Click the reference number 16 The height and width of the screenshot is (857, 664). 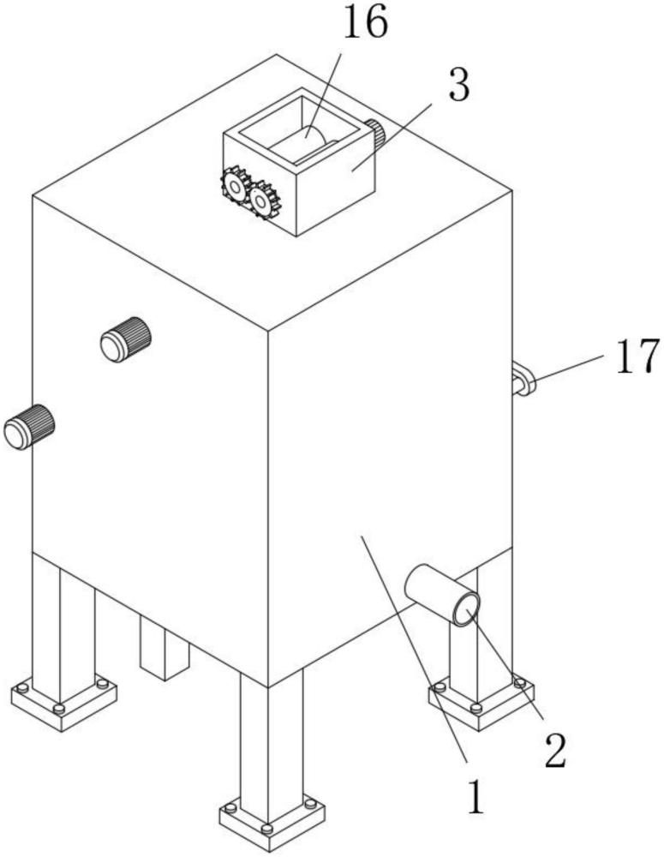(366, 23)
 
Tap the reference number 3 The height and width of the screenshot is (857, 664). (459, 85)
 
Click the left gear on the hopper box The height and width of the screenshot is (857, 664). (236, 186)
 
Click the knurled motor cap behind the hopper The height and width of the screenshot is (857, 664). (375, 134)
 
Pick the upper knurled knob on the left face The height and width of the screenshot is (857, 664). (126, 339)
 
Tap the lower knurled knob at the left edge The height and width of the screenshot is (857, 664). (29, 427)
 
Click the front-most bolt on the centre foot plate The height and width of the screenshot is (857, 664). (266, 829)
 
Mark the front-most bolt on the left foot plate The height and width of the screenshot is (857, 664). (59, 709)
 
